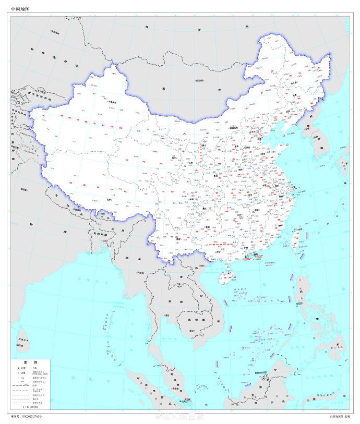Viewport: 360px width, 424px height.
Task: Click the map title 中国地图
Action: click(x=20, y=9)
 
